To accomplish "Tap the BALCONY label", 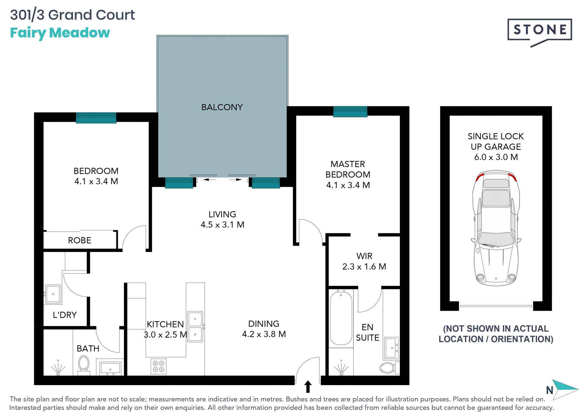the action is point(222,107).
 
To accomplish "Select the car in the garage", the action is point(496,228).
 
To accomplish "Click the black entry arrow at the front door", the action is point(308,387).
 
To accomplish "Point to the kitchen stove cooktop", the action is point(159,366).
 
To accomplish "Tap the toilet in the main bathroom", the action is point(84,365).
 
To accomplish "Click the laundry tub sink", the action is point(53,294).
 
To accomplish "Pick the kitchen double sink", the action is point(195,327).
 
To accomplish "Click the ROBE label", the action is point(79,240).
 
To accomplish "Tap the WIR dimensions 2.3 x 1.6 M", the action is point(364,267).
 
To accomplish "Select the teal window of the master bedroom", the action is point(350,112).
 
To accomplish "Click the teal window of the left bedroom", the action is point(96,118).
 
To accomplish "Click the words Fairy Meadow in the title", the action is point(60,33).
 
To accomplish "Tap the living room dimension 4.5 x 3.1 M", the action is point(222,225).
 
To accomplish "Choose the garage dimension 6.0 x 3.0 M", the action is point(496,157).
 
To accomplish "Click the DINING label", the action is point(264,324).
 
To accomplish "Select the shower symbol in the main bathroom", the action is point(58,367).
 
